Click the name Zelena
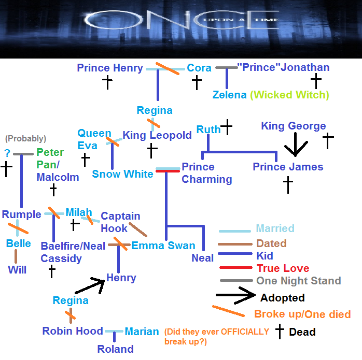click(229, 95)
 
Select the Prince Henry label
click(109, 68)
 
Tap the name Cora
click(199, 68)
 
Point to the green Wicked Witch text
click(289, 95)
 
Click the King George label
click(293, 126)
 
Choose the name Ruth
click(208, 129)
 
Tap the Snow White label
click(122, 174)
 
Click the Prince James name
click(288, 167)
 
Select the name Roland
click(116, 349)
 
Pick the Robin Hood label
click(73, 331)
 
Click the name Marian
click(142, 332)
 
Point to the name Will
click(17, 269)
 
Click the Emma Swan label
click(163, 246)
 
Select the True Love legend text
click(283, 268)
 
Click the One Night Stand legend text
click(298, 281)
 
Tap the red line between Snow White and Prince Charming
click(168, 170)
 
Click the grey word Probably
click(25, 139)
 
